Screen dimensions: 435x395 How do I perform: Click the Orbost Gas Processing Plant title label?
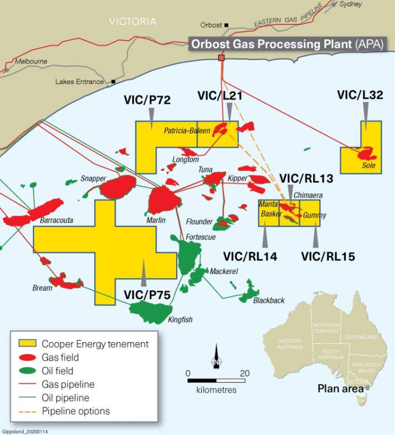pos(287,45)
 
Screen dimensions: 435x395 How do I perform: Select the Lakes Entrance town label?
pos(80,82)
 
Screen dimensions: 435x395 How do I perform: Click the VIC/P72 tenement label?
pos(147,100)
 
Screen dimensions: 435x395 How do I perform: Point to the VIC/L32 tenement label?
pos(360,96)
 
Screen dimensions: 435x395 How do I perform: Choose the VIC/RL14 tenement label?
pos(250,256)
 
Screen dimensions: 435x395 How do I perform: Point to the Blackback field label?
pos(268,300)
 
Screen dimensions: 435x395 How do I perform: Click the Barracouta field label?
pos(56,220)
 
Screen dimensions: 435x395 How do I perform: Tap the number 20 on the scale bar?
pos(244,373)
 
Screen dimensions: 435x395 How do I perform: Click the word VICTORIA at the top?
pos(133,22)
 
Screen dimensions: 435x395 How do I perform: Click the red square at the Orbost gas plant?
pos(222,57)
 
